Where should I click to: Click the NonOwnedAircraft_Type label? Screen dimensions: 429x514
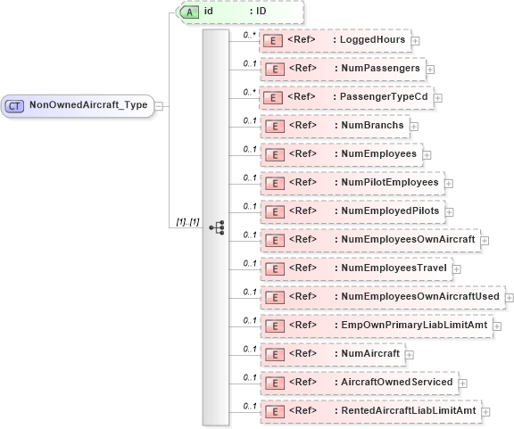[x=88, y=104]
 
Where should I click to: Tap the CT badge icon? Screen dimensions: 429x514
[x=15, y=105]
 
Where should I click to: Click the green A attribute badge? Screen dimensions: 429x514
[x=189, y=12]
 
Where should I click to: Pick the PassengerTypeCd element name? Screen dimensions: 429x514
[x=385, y=96]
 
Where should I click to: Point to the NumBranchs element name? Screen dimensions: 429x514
[x=372, y=125]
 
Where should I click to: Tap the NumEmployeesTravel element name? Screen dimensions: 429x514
[x=395, y=268]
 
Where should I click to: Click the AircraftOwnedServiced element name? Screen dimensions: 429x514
[x=397, y=382]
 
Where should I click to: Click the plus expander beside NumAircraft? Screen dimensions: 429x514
[x=410, y=354]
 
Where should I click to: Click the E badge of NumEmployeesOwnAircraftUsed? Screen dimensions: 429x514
[x=278, y=296]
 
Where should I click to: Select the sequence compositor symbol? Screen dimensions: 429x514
[x=217, y=227]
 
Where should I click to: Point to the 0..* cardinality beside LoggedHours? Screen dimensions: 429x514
[x=249, y=33]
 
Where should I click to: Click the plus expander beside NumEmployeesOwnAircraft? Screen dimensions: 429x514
[x=485, y=240]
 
